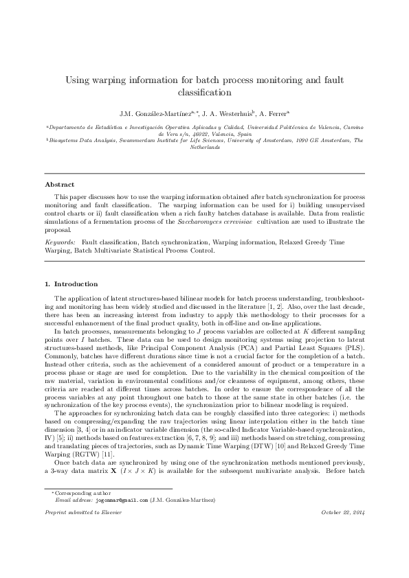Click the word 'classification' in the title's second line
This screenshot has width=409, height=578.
point(204,91)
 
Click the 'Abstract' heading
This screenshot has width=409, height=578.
point(60,185)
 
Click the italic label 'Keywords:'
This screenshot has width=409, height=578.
point(60,242)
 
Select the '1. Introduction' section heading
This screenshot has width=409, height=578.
point(71,284)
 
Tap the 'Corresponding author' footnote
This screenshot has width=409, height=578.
point(78,532)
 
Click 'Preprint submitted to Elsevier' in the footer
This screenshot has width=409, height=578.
point(79,552)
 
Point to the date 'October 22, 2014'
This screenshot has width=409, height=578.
point(342,552)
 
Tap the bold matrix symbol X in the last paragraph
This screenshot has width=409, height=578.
point(112,456)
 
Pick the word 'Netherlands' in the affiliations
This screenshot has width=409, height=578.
point(204,148)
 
